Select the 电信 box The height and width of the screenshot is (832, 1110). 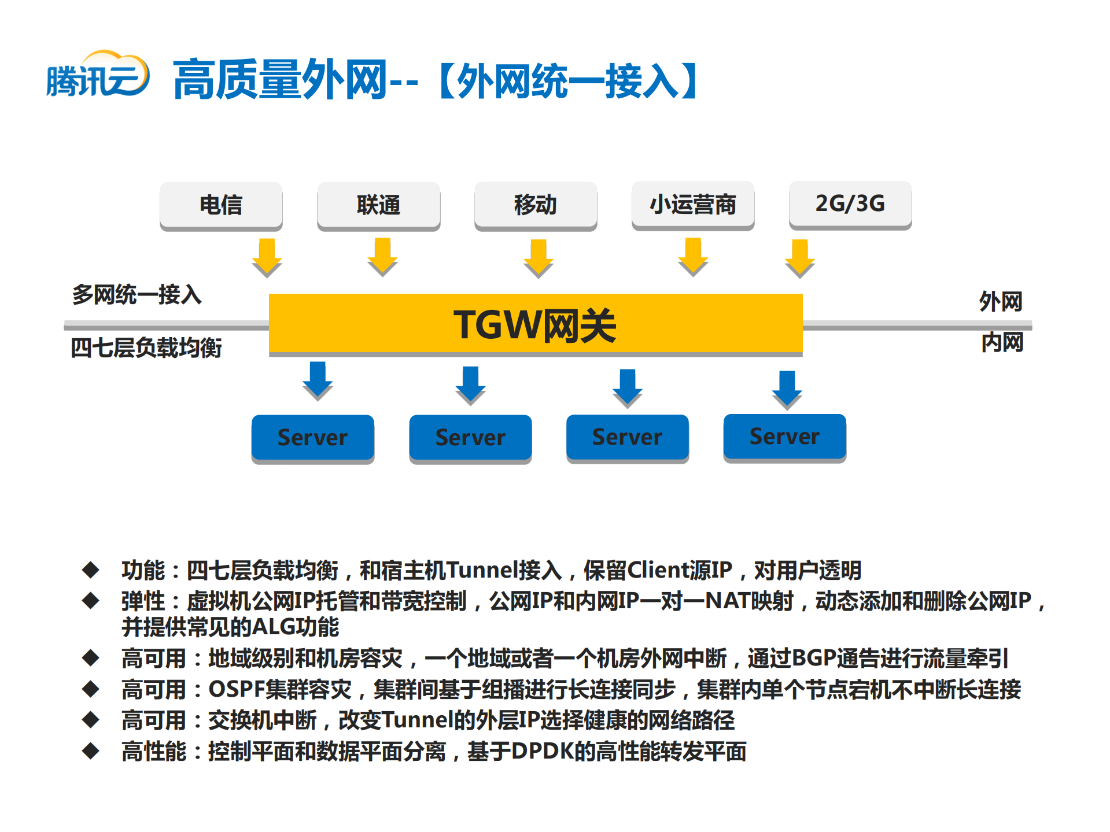221,205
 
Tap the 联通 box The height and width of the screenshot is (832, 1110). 378,205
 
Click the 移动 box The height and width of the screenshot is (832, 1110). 536,205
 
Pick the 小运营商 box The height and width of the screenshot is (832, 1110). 693,204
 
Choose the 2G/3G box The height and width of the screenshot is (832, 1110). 850,204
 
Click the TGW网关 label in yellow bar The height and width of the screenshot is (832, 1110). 535,325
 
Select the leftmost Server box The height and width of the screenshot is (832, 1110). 313,438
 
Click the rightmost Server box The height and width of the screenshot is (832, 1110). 784,437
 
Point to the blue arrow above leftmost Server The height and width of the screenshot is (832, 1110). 318,380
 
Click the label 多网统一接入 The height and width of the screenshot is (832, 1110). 137,295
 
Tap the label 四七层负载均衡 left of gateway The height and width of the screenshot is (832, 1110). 146,348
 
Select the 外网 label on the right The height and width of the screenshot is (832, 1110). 1001,302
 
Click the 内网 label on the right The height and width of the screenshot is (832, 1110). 1002,343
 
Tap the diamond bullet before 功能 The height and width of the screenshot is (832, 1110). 91,570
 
